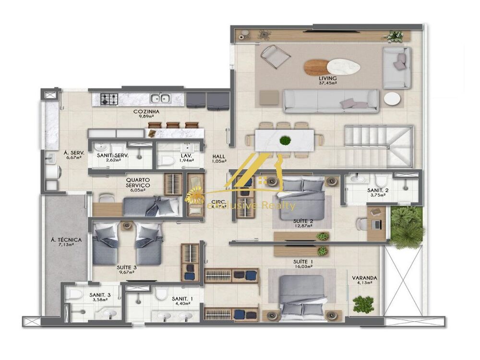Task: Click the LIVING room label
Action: click(328, 78)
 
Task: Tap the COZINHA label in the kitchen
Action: click(146, 112)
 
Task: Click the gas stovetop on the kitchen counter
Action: click(109, 99)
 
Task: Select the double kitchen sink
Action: click(160, 99)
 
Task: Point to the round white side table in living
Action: click(392, 99)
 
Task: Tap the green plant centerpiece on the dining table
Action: click(285, 141)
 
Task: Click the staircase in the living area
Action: click(379, 143)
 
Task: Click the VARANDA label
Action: click(364, 277)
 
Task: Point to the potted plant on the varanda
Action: click(363, 304)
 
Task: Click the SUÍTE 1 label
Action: click(303, 262)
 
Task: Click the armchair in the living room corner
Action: click(275, 57)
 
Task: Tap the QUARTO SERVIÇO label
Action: click(138, 181)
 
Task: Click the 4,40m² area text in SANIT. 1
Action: click(182, 303)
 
